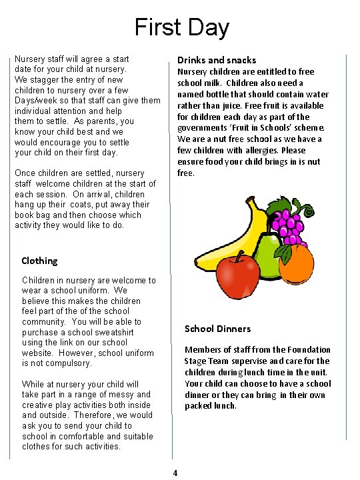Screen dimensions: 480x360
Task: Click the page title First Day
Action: [x=181, y=27]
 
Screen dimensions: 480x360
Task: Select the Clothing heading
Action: [x=39, y=261]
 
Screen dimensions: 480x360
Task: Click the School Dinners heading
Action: [x=217, y=329]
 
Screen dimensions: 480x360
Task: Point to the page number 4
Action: [x=175, y=473]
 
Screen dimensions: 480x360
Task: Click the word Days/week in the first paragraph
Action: [x=35, y=101]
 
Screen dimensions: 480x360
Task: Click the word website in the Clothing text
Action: [x=39, y=353]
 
